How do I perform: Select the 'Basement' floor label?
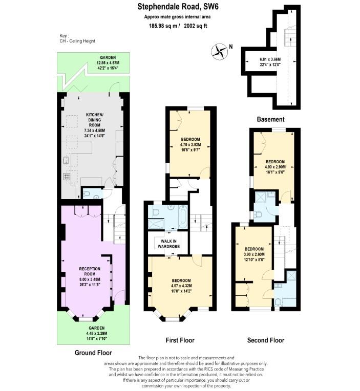[x=270, y=119]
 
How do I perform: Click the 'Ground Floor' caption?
[x=93, y=353]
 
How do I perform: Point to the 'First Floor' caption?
[x=180, y=340]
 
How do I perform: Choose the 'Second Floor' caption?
[x=265, y=340]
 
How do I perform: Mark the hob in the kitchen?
[x=66, y=177]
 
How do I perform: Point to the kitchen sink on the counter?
[x=66, y=159]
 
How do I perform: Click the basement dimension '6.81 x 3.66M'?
[x=270, y=60]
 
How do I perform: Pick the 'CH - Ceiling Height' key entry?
[x=77, y=41]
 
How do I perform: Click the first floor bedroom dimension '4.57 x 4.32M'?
[x=181, y=286]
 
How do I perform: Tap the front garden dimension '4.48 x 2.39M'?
[x=93, y=333]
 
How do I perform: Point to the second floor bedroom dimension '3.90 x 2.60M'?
[x=254, y=254]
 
